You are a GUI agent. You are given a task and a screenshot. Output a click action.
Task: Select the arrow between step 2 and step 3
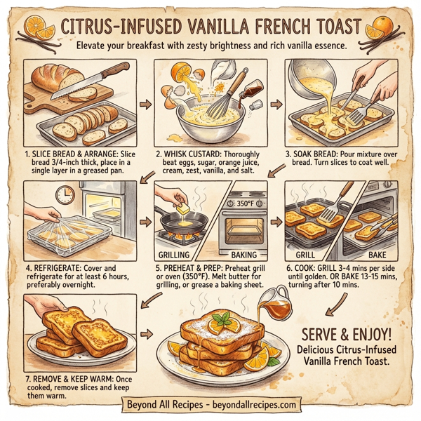tap(274, 105)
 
